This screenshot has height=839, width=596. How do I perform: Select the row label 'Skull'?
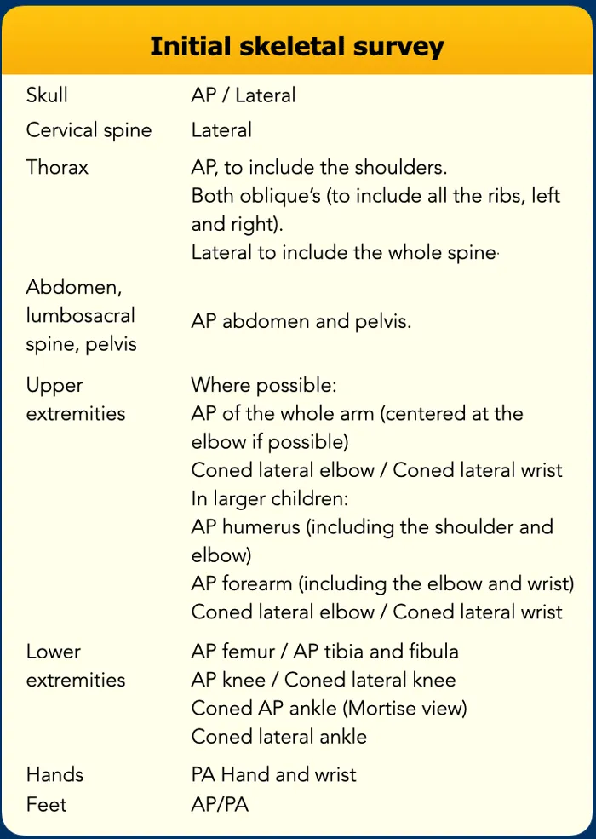pyautogui.click(x=47, y=95)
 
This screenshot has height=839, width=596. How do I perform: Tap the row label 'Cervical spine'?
pyautogui.click(x=89, y=130)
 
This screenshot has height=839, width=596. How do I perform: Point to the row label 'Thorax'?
pyautogui.click(x=57, y=167)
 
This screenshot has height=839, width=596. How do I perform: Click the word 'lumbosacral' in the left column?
pyautogui.click(x=81, y=315)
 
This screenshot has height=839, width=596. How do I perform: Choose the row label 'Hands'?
pyautogui.click(x=54, y=774)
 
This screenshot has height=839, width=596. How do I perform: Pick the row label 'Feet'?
pyautogui.click(x=46, y=804)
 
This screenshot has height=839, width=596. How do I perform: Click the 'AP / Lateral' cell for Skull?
pyautogui.click(x=244, y=95)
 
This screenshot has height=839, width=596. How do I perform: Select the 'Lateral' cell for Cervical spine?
pyautogui.click(x=221, y=130)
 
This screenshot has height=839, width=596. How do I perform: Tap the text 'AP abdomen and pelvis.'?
pyautogui.click(x=301, y=321)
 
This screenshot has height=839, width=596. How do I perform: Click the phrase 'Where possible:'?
pyautogui.click(x=264, y=385)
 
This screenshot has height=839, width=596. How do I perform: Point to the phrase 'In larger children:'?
pyautogui.click(x=271, y=498)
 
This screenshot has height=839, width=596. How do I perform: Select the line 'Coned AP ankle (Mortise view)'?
pyautogui.click(x=330, y=708)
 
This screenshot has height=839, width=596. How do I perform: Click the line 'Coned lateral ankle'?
pyautogui.click(x=279, y=737)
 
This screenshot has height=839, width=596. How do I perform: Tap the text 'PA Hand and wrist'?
pyautogui.click(x=273, y=774)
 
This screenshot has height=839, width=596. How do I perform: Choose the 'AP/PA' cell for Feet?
pyautogui.click(x=220, y=804)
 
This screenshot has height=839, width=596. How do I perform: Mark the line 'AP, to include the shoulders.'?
pyautogui.click(x=319, y=167)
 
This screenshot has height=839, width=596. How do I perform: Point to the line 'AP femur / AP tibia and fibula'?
pyautogui.click(x=324, y=652)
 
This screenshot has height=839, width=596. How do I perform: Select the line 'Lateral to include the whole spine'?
pyautogui.click(x=343, y=253)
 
